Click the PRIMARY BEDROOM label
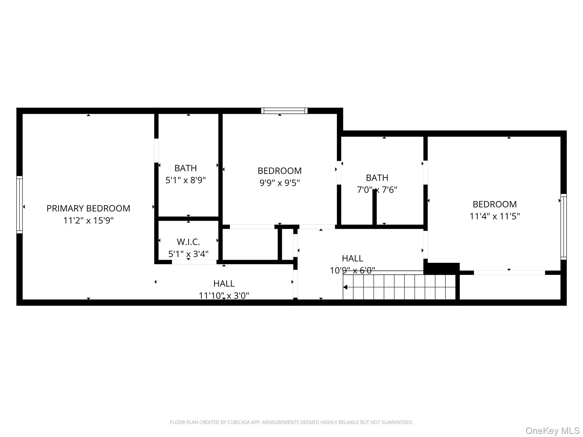point(88,208)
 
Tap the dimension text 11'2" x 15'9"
point(88,220)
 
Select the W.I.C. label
point(188,242)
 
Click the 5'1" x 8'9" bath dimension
point(186,180)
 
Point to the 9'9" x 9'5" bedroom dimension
point(280,183)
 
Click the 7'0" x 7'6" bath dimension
point(377,190)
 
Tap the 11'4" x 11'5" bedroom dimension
point(494,216)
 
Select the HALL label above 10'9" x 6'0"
point(352,258)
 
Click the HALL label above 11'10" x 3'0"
point(224,284)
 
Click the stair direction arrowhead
point(345,287)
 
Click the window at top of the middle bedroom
point(284,111)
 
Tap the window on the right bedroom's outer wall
point(563,226)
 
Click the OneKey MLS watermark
point(552,430)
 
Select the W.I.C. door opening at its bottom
point(194,262)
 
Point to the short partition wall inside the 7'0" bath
point(374,207)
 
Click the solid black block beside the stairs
point(442,268)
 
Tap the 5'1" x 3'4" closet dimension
point(188,254)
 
